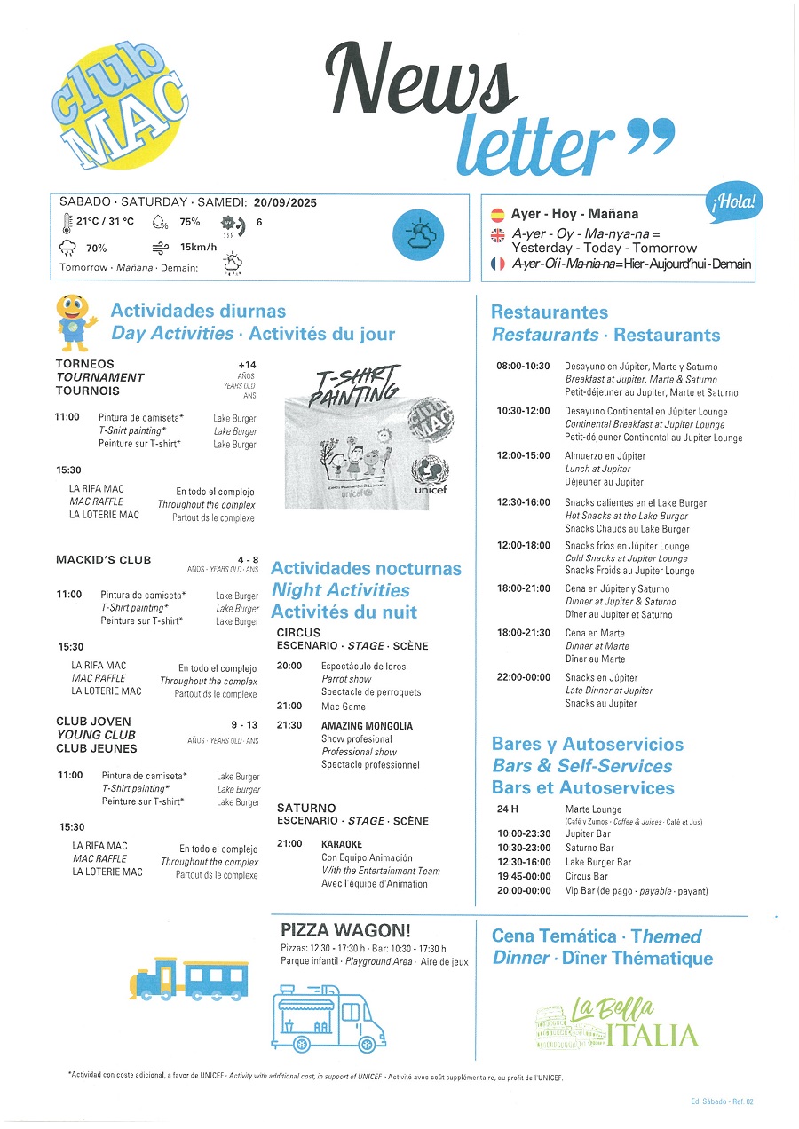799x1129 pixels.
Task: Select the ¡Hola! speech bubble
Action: point(734,202)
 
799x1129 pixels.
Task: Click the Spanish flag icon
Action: point(498,214)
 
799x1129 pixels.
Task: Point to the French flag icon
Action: point(498,264)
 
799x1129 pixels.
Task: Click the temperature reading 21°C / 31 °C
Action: point(105,222)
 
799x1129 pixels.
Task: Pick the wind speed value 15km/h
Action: point(198,248)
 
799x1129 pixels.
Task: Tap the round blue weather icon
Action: point(417,235)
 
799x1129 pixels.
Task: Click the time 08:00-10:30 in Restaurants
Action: point(522,367)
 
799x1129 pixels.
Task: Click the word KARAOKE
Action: point(342,844)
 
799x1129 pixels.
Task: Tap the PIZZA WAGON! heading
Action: point(345,930)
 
